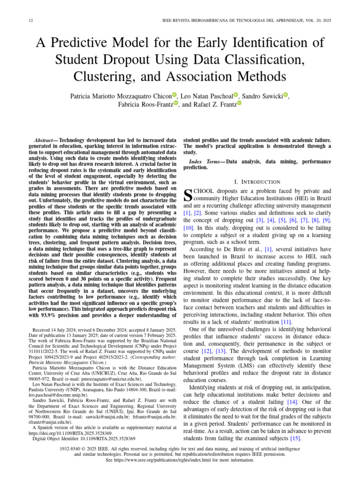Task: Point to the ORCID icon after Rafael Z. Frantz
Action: pos(239,104)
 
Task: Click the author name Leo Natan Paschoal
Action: pos(206,96)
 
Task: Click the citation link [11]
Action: pos(286,322)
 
